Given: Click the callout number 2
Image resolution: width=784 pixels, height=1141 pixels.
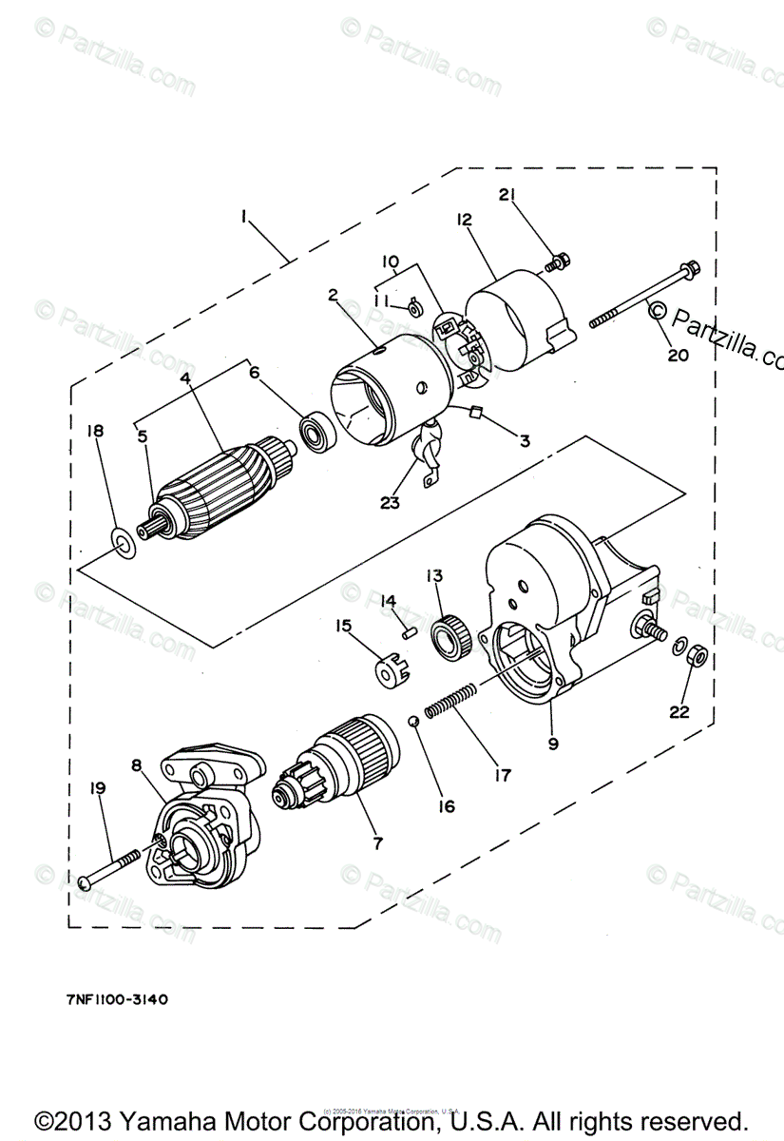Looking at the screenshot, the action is pos(334,296).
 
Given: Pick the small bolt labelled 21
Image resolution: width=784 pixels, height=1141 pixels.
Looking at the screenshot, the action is pos(560,258).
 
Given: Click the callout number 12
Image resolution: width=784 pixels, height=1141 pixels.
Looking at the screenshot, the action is pos(464,221).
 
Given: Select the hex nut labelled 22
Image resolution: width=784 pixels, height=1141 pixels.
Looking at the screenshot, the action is pos(694,655).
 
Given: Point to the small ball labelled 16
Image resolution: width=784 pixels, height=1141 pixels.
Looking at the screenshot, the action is pos(413,721).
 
